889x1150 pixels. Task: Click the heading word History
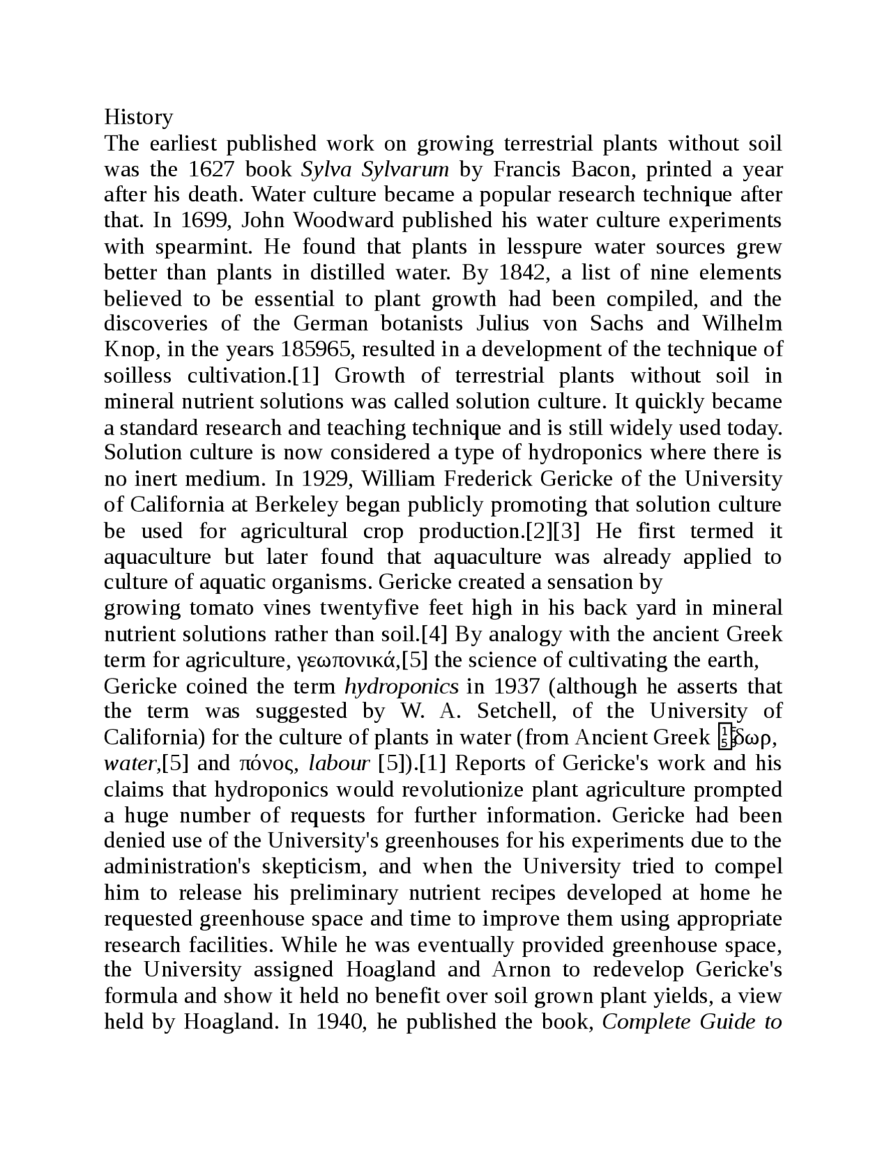tap(138, 117)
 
